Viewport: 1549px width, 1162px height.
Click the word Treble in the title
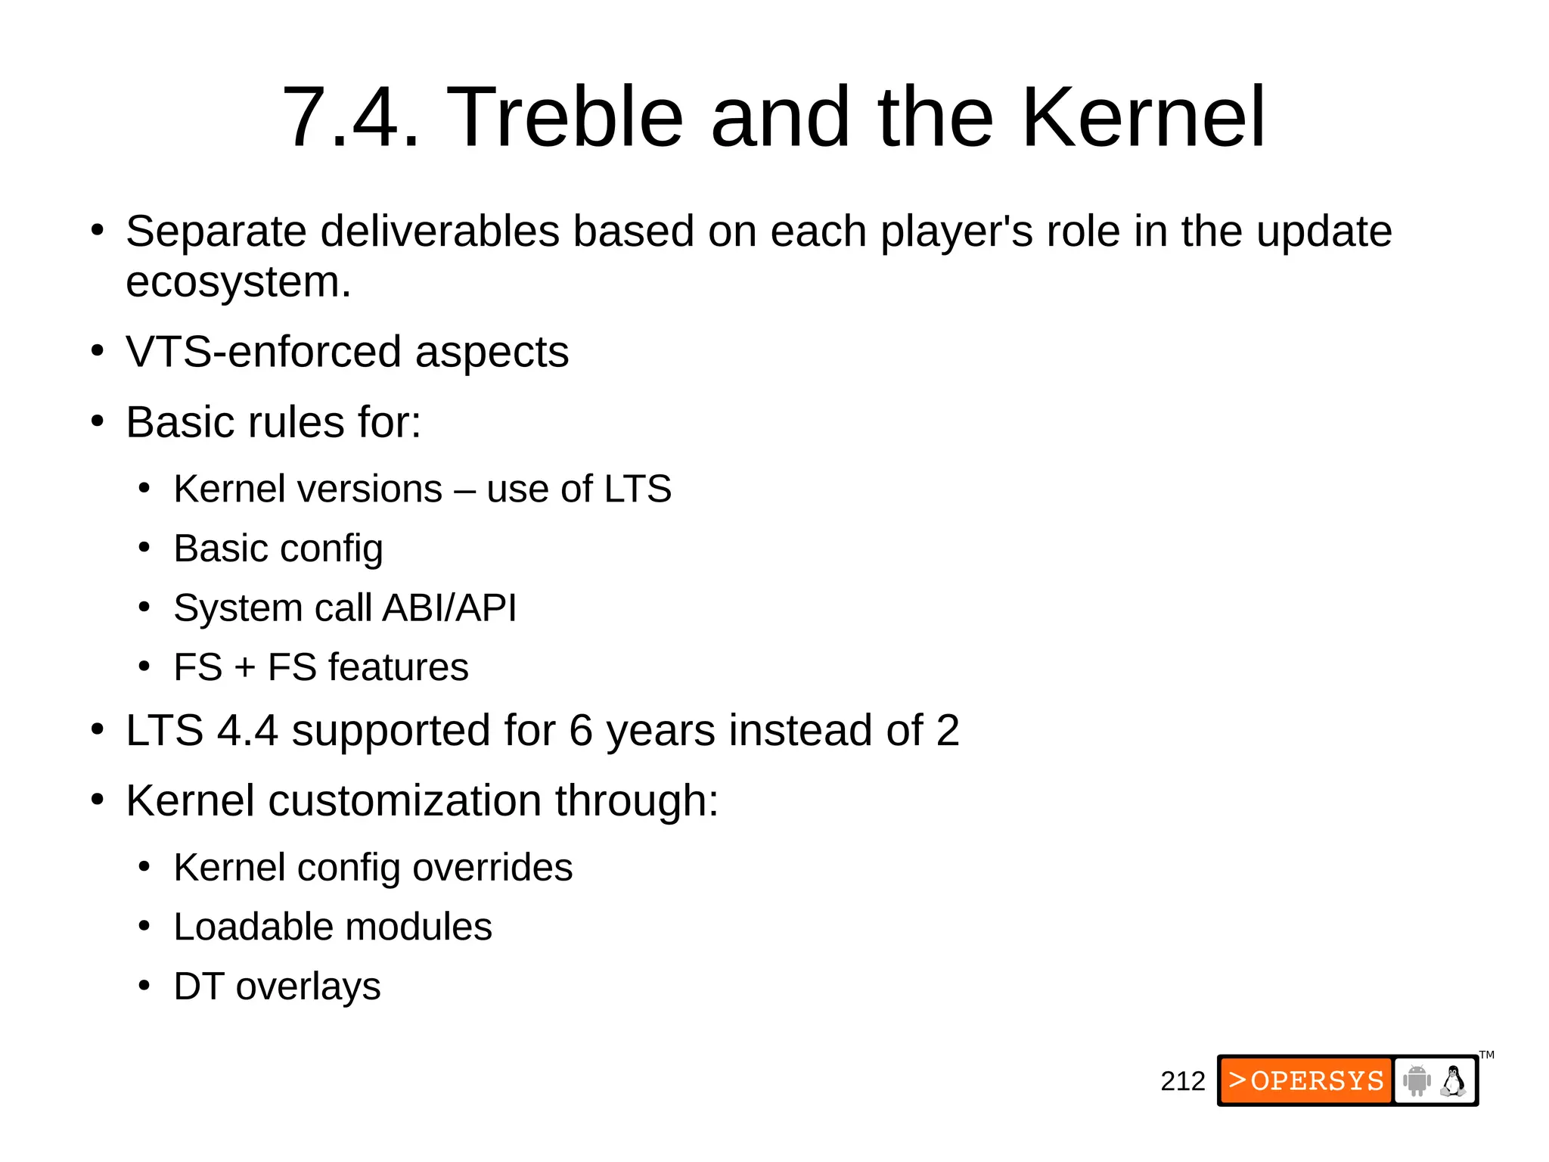pyautogui.click(x=565, y=117)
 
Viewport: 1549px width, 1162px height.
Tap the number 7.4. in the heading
pyautogui.click(x=350, y=117)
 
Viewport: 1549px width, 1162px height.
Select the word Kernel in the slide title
pyautogui.click(x=1143, y=117)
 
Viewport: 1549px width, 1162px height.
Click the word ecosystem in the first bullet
pyautogui.click(x=237, y=282)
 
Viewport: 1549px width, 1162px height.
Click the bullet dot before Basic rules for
pyautogui.click(x=97, y=421)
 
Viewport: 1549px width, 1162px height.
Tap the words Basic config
pyautogui.click(x=278, y=548)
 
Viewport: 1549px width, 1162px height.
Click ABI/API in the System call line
pyautogui.click(x=449, y=608)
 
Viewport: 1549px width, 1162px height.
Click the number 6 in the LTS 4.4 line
pyautogui.click(x=580, y=731)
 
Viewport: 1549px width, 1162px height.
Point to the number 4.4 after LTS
pyautogui.click(x=247, y=731)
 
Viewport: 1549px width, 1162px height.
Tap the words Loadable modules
pyautogui.click(x=333, y=927)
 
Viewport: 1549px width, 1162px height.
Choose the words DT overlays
pyautogui.click(x=277, y=986)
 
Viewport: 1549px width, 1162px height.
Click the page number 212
pyautogui.click(x=1182, y=1081)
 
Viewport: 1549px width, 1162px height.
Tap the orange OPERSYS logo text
pyautogui.click(x=1306, y=1080)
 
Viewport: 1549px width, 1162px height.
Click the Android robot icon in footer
pyautogui.click(x=1417, y=1080)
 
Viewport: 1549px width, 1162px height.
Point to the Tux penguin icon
pyautogui.click(x=1453, y=1080)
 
